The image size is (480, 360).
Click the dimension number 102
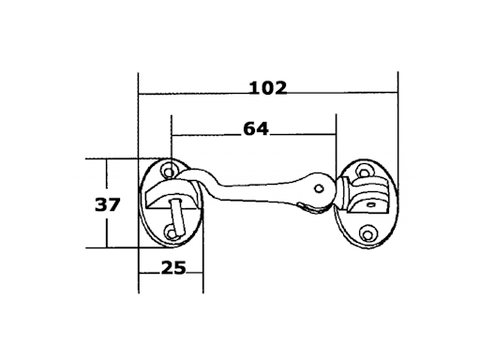tap(268, 88)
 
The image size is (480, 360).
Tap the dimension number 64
tap(256, 128)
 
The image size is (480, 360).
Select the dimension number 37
tap(107, 205)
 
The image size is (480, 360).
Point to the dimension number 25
tap(173, 268)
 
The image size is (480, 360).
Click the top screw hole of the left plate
tap(169, 172)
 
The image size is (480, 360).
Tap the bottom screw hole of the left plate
tap(171, 233)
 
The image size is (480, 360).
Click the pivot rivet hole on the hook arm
tap(319, 188)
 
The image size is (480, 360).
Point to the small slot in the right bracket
tap(371, 205)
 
